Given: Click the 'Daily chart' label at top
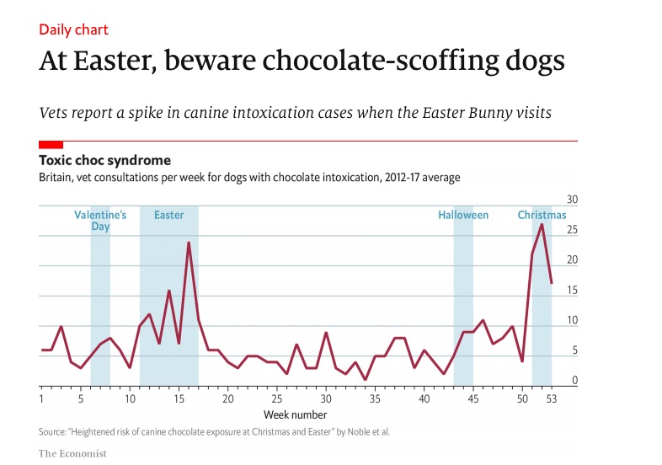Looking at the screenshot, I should [73, 29].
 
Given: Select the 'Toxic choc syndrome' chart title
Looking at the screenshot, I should [105, 160].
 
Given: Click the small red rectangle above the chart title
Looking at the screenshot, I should [51, 145].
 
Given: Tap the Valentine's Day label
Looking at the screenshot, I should [100, 221].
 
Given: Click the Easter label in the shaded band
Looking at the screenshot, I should [168, 215].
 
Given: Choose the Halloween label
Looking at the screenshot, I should [462, 215].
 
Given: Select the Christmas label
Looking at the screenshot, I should [542, 215].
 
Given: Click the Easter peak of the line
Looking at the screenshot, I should [189, 243].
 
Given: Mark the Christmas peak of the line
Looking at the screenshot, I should [542, 224].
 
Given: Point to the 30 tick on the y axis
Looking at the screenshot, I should [572, 200].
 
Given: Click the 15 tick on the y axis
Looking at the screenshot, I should [572, 291].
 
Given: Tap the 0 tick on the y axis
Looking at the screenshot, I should [574, 381].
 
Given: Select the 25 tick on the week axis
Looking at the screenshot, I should [277, 398].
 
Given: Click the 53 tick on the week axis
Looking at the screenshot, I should [552, 398].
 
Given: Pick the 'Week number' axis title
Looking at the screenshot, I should [295, 414].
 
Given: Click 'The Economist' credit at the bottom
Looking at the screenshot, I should [72, 453].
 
